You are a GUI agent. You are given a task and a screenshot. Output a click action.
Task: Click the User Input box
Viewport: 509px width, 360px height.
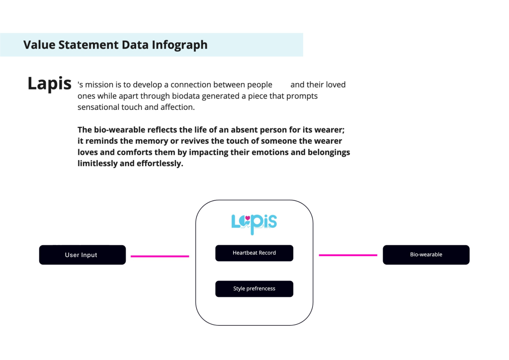pos(83,255)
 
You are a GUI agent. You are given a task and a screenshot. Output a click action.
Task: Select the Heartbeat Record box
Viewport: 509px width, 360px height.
pos(254,253)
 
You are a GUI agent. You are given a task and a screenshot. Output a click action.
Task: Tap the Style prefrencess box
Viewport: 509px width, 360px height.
pos(254,288)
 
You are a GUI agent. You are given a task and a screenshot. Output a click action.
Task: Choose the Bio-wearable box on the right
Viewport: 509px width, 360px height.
pos(426,255)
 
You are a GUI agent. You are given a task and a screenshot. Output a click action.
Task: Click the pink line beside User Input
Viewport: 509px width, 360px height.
pos(160,256)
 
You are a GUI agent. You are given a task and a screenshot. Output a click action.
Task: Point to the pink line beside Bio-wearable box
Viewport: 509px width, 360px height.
pos(348,255)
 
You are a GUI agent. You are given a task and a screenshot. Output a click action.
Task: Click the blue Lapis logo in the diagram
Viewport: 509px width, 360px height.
pos(254,224)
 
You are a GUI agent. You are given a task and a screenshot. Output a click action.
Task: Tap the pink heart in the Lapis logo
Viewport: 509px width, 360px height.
pos(248,217)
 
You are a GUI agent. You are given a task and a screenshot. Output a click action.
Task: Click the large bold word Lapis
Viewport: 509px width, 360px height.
pos(49,84)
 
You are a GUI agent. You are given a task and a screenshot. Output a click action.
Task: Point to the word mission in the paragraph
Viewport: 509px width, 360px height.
pos(99,85)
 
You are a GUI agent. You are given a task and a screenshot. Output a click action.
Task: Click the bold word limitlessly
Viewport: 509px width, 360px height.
pos(97,163)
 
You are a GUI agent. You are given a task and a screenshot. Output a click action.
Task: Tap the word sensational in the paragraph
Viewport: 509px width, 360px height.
pos(98,107)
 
